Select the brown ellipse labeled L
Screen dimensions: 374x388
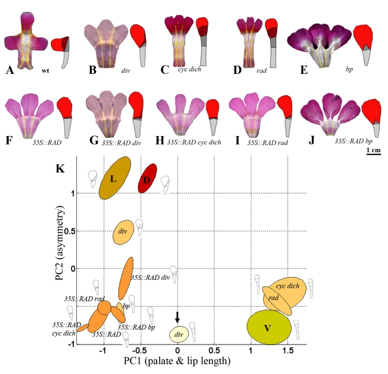[x=115, y=178]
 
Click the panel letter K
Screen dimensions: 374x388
[x=59, y=168]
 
